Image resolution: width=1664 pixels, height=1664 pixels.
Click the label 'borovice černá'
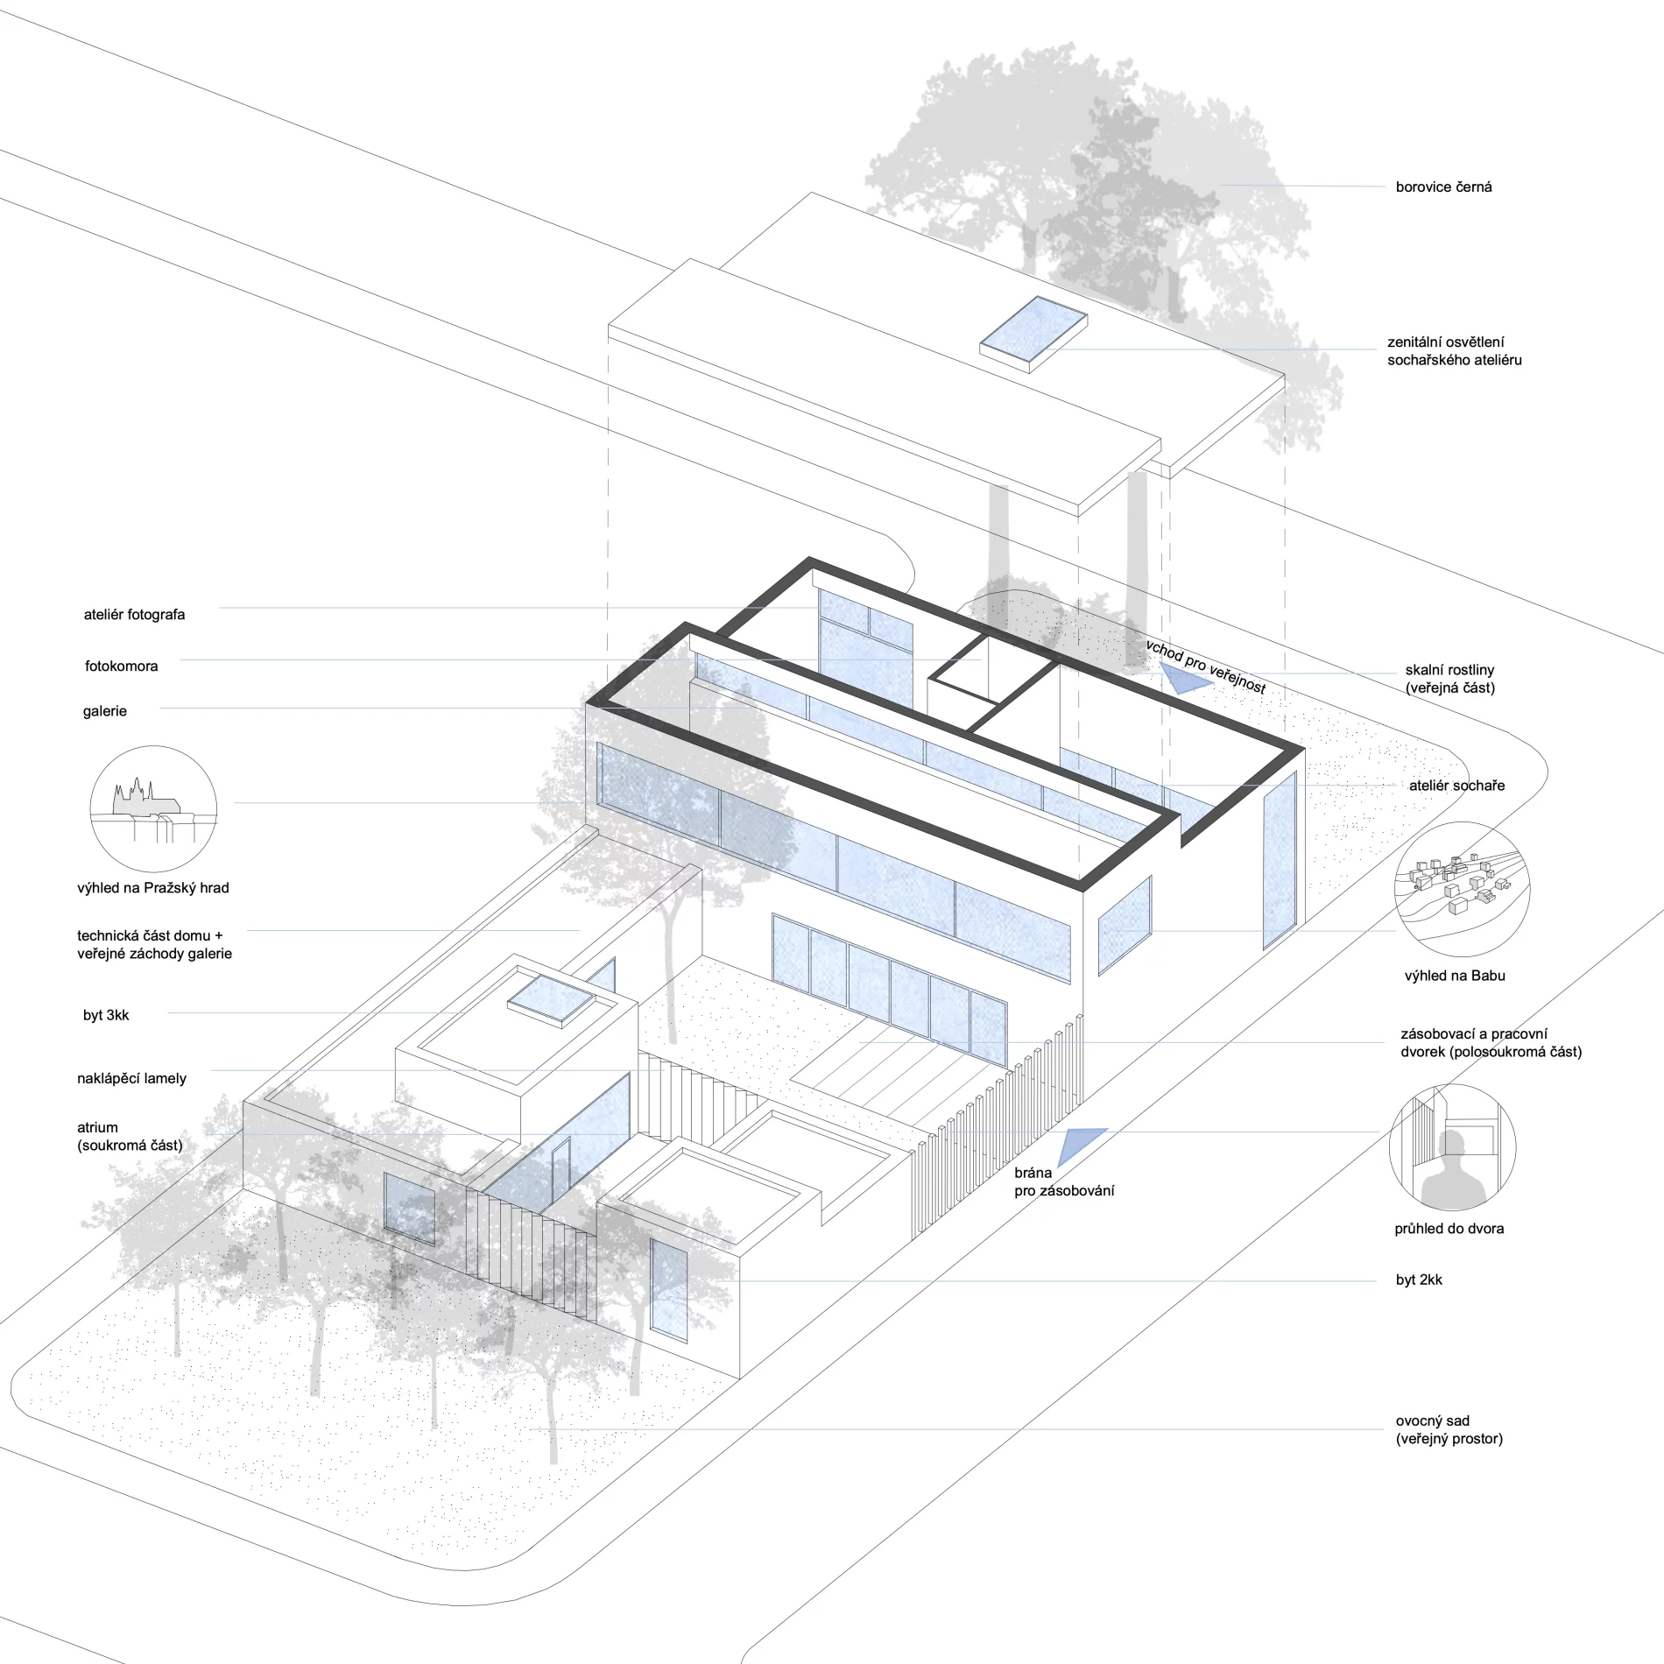click(1443, 187)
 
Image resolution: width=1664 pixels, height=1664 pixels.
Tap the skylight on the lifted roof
click(1033, 334)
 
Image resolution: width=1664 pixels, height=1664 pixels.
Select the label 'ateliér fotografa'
click(134, 615)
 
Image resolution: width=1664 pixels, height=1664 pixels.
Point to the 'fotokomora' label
click(121, 666)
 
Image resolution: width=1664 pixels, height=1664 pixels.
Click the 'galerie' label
click(104, 711)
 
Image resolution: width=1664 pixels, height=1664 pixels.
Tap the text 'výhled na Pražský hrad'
click(153, 888)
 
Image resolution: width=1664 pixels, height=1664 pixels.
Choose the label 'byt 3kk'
click(106, 1016)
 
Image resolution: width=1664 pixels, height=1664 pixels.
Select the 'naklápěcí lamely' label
click(131, 1079)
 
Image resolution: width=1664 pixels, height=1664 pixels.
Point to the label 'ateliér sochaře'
click(1456, 786)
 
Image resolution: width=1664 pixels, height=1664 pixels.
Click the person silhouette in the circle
click(1449, 1169)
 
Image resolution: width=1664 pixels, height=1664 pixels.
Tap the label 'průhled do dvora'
click(1449, 1229)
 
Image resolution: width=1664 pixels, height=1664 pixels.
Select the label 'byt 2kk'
click(1419, 1280)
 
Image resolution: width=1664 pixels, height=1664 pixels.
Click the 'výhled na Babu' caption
click(1454, 976)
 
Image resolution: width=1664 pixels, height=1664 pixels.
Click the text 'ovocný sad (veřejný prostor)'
click(1449, 1429)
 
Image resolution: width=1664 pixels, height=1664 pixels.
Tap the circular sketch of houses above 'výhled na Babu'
click(1462, 887)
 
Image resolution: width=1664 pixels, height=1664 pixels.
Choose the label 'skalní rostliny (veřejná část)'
click(1449, 679)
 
